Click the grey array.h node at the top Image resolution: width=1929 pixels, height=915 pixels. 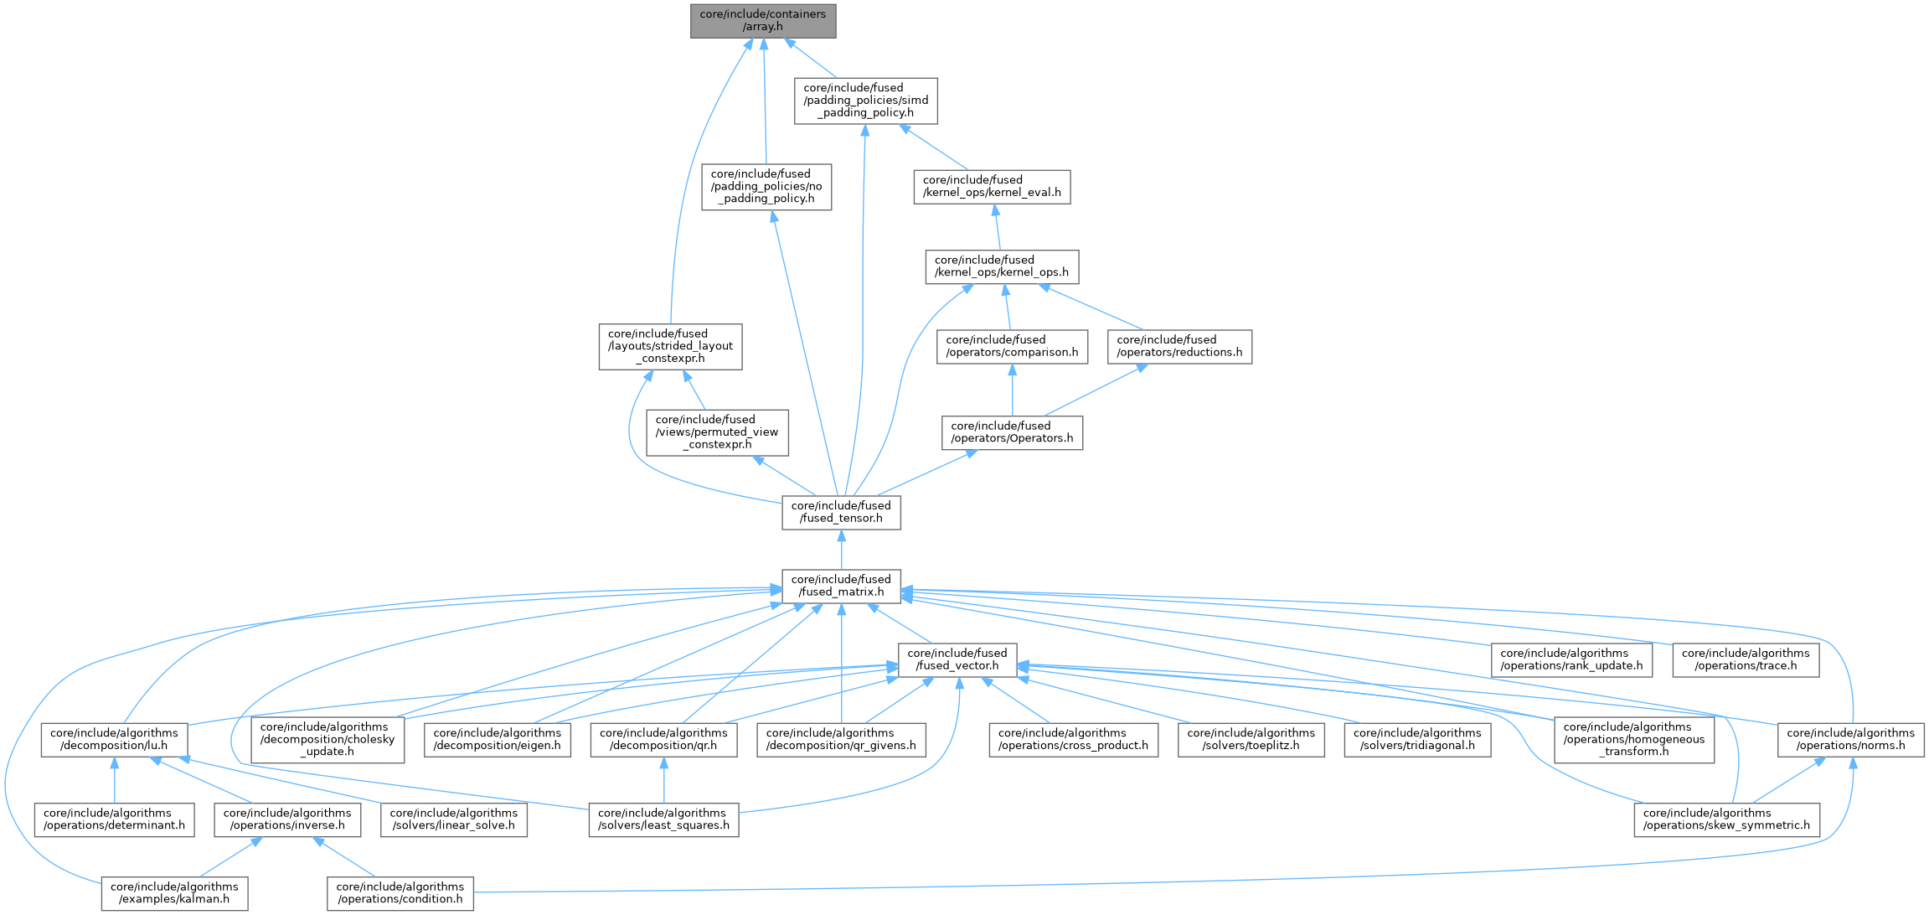[763, 20]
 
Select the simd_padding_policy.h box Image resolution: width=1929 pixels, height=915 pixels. [865, 101]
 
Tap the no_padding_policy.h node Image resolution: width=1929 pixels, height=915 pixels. [766, 187]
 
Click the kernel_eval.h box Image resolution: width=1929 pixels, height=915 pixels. [992, 186]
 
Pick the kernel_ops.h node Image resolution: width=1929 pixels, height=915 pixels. [1001, 266]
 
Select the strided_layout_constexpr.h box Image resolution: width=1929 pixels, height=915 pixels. [670, 346]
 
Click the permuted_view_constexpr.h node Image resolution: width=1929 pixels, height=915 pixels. [717, 432]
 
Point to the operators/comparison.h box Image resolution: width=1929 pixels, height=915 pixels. [1012, 346]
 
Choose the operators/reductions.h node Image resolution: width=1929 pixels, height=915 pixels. [1179, 346]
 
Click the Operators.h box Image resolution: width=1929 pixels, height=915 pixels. [1012, 432]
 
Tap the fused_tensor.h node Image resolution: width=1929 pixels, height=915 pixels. [841, 512]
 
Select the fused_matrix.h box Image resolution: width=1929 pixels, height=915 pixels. [841, 586]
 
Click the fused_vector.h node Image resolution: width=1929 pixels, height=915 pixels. [957, 659]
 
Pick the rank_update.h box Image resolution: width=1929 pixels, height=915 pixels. [1571, 659]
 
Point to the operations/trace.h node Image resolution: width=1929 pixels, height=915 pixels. [1746, 659]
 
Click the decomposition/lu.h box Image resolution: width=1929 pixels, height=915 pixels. [114, 739]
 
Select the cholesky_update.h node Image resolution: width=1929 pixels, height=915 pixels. [328, 739]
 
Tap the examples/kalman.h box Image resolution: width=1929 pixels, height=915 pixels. [174, 893]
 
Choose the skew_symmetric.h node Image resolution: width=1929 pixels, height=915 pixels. [1726, 819]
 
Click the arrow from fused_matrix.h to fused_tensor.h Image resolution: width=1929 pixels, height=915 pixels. [841, 550]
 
